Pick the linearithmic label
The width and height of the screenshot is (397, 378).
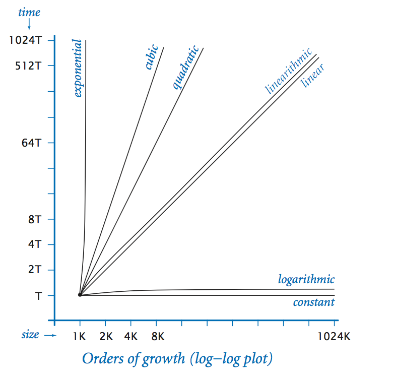(289, 71)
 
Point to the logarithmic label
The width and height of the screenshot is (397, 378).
(306, 280)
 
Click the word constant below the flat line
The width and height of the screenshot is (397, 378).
(313, 302)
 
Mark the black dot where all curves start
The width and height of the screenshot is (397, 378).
(80, 295)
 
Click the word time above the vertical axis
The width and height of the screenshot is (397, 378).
(29, 13)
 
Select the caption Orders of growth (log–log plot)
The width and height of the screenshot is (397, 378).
(177, 359)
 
